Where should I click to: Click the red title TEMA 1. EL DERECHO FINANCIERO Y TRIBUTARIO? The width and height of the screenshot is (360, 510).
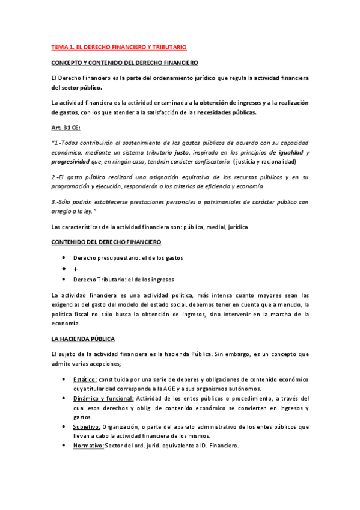point(119,46)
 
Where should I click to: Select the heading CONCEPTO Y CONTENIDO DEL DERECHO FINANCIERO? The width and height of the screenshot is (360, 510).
point(124,63)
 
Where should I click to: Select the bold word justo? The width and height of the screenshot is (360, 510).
point(183,152)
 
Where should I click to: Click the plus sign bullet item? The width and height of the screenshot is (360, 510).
point(76,269)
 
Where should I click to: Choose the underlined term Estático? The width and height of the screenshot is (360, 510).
point(85,379)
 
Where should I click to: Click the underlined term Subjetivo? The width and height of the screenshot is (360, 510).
point(87,426)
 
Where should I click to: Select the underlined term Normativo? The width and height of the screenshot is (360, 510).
point(88,446)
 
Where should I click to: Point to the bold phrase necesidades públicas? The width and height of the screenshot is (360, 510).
point(222,112)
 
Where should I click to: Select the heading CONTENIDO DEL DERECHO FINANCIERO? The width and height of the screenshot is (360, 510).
point(106,242)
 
